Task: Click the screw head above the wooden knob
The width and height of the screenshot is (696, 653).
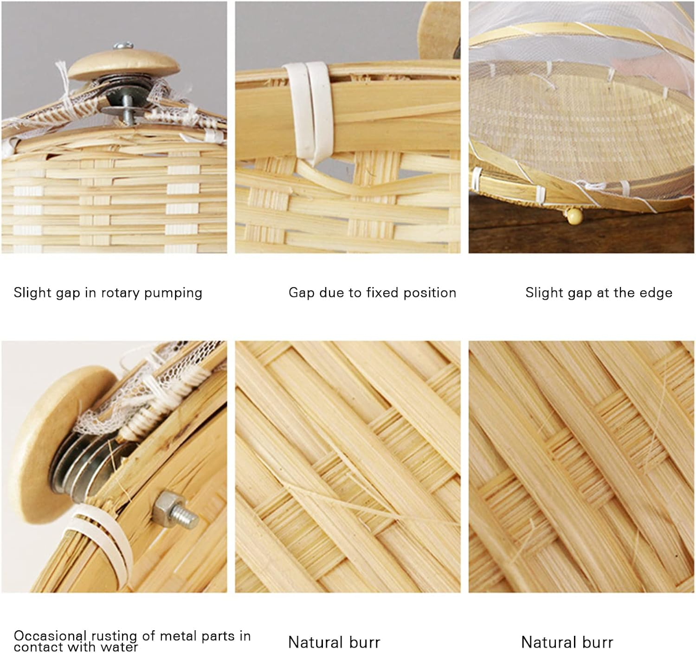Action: tap(123, 45)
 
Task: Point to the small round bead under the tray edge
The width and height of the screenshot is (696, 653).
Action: tap(574, 216)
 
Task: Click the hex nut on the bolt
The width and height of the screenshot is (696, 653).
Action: tap(165, 506)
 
